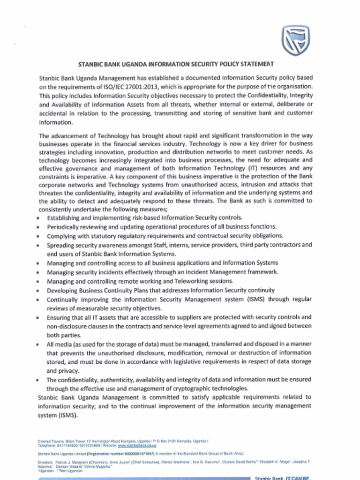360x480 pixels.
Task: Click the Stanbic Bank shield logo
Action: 296,41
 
